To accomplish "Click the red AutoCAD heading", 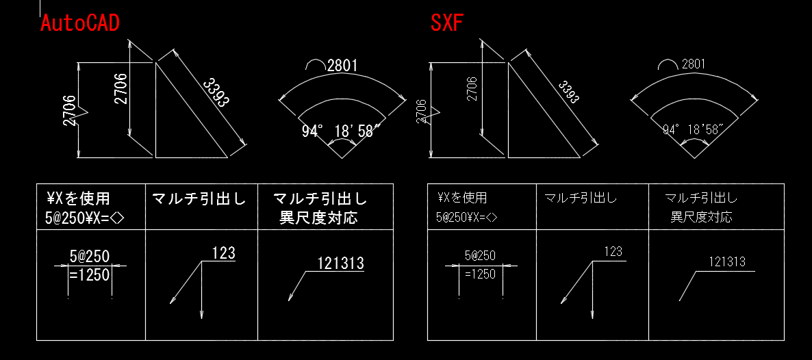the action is tap(79, 23).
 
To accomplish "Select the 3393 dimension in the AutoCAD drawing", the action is tap(216, 92).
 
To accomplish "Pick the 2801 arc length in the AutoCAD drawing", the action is tap(342, 66).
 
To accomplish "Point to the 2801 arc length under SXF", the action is tap(693, 64).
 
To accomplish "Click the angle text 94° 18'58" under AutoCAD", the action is tap(338, 131).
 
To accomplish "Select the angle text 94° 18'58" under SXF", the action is tap(694, 129).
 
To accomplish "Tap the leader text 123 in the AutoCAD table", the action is tap(224, 253).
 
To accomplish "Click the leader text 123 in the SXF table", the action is tap(613, 252).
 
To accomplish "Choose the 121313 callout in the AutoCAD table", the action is tap(340, 263).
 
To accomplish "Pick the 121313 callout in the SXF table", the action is tap(726, 262).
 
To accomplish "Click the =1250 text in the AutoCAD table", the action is tap(90, 274).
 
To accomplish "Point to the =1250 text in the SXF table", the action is tap(480, 274).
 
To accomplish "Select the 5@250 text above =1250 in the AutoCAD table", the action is tap(90, 257).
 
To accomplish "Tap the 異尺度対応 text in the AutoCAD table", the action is tap(318, 218).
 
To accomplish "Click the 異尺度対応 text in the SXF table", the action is tap(701, 217).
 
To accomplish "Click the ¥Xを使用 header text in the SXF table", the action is tap(461, 198).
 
